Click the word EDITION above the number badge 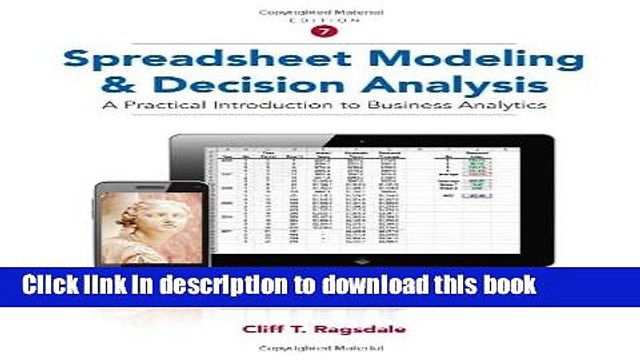click(321, 20)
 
